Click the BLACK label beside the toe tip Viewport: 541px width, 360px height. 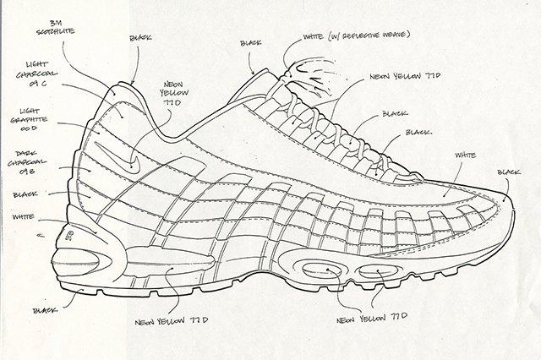509,172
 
